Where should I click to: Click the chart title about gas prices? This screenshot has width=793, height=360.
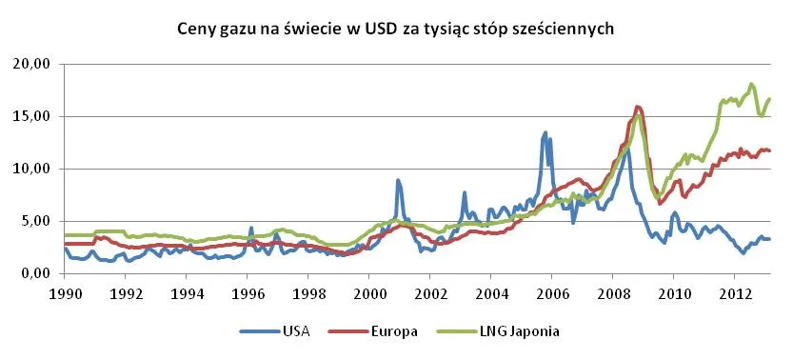[x=396, y=30]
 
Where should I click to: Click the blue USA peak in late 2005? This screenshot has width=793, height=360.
[x=545, y=133]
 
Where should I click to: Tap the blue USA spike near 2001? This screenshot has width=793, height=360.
[x=398, y=180]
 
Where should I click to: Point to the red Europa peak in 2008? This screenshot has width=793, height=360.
[x=638, y=107]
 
